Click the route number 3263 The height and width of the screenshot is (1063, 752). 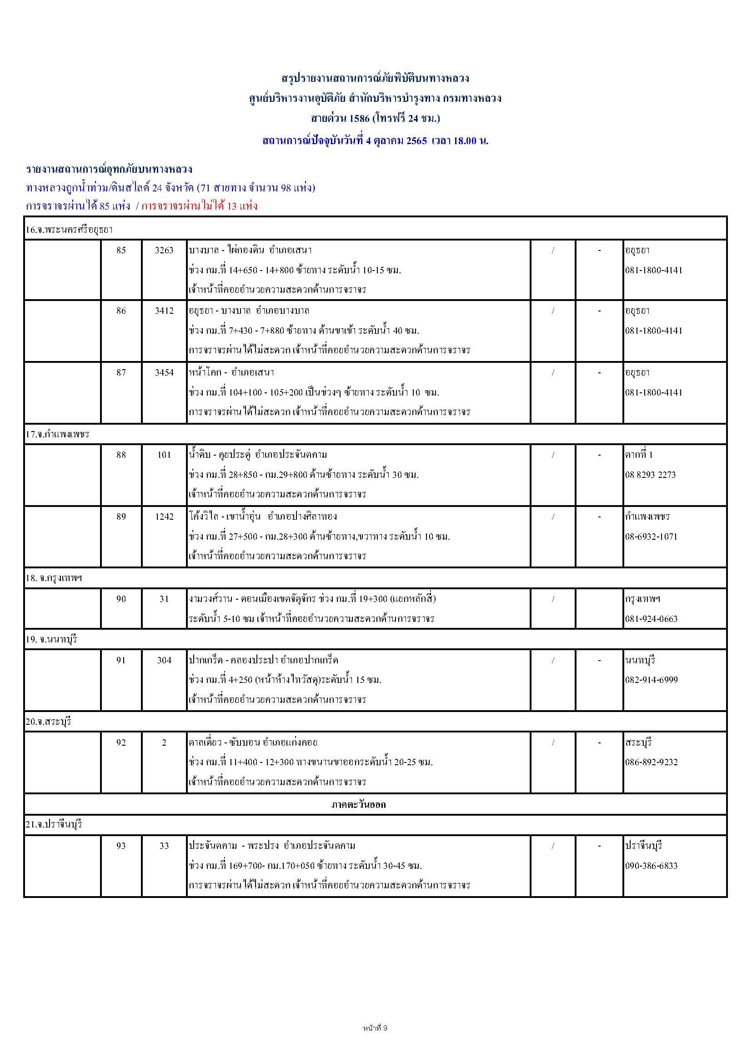[x=164, y=251]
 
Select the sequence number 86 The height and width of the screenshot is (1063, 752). [x=121, y=311]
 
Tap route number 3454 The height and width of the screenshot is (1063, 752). [x=164, y=372]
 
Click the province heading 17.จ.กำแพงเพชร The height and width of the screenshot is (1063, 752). [x=57, y=434]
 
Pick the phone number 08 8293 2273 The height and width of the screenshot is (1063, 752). [x=650, y=475]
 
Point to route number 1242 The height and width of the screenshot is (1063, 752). [x=164, y=516]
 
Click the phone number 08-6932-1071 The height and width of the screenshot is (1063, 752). [x=651, y=537]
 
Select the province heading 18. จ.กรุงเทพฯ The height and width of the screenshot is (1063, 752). [x=54, y=578]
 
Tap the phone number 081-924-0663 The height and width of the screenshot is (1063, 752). [x=651, y=618]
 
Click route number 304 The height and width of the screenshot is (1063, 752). [x=164, y=660]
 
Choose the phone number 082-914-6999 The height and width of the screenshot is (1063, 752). [x=651, y=680]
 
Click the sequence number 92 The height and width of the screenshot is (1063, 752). [x=121, y=742]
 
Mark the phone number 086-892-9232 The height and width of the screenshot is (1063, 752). [x=651, y=762]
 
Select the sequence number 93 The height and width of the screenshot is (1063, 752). [x=121, y=845]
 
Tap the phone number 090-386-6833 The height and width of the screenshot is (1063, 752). [x=651, y=865]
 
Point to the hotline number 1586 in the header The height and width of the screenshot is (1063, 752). [x=359, y=119]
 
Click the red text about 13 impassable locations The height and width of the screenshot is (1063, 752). [x=199, y=206]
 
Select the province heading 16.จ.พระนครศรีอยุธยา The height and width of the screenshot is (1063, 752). [x=70, y=229]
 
